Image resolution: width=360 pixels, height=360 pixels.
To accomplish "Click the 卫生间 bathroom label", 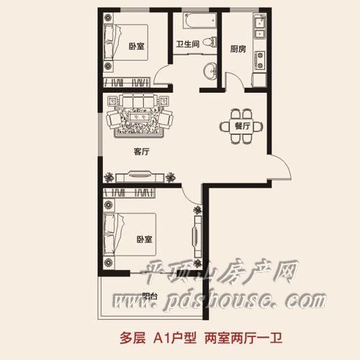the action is click(x=188, y=44).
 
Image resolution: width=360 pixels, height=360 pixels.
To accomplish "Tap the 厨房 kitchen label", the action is click(x=238, y=49).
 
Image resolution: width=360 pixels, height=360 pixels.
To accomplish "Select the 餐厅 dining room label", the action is click(x=243, y=126).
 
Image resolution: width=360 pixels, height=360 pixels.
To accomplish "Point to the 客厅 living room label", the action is click(x=141, y=151).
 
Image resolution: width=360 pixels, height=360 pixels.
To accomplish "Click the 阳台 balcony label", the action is click(x=150, y=296).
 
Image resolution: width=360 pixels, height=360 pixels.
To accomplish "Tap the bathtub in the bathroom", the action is click(x=199, y=20).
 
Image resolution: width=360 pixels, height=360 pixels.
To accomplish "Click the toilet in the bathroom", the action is click(x=210, y=42).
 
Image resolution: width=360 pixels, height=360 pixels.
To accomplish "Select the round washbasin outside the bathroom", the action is click(x=210, y=71).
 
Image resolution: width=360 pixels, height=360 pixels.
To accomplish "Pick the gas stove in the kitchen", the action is click(x=260, y=60).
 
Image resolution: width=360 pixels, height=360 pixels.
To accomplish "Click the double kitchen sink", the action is click(x=260, y=27).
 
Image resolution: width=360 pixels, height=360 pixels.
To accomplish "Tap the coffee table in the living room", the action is click(x=139, y=117).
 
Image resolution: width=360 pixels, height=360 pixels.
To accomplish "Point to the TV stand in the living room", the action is click(x=140, y=176).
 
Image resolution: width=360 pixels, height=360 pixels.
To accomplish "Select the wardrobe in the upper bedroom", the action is click(x=127, y=82).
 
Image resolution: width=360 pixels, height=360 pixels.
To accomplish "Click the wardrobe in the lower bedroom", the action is click(x=129, y=193).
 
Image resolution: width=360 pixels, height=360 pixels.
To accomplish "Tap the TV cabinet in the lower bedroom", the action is click(x=197, y=236).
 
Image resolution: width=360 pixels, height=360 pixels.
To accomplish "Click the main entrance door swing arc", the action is click(x=287, y=163).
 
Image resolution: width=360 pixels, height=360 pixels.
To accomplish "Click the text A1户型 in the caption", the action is click(x=175, y=338).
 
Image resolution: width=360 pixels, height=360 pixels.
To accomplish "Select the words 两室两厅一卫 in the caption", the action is click(x=243, y=338).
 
